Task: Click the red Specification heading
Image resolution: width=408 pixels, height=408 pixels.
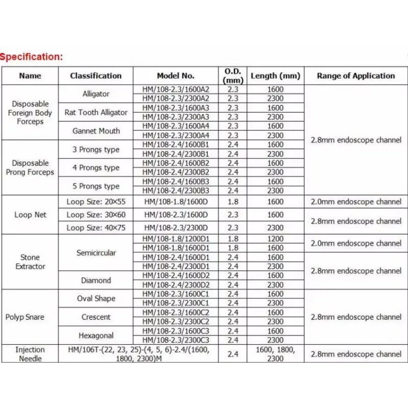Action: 32,57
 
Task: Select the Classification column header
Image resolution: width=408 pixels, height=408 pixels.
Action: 96,75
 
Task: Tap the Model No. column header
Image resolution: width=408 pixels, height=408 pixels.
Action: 175,75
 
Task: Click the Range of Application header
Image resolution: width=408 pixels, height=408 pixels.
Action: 355,75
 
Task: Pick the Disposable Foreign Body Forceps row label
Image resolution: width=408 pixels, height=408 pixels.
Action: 30,113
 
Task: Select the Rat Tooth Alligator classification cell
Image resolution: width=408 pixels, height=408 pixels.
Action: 96,112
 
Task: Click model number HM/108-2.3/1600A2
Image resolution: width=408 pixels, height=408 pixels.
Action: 175,89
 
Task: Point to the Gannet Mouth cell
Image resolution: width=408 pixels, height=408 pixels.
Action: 96,131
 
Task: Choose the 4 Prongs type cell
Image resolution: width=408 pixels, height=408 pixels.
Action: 96,168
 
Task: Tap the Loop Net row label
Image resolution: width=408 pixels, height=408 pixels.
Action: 30,215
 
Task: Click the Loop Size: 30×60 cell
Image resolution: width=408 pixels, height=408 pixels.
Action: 96,215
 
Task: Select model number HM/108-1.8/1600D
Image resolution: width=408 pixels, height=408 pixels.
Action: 175,202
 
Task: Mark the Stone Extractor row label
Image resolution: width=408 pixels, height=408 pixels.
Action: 30,262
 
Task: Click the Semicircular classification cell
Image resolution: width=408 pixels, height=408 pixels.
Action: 96,252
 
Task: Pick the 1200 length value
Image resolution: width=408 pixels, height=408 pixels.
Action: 275,239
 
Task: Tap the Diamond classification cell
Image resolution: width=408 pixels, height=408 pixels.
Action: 96,280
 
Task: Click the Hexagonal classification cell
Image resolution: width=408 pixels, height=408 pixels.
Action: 96,335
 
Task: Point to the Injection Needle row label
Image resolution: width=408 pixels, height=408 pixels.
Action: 30,354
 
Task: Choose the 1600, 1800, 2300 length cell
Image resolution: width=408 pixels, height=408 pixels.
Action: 275,354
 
